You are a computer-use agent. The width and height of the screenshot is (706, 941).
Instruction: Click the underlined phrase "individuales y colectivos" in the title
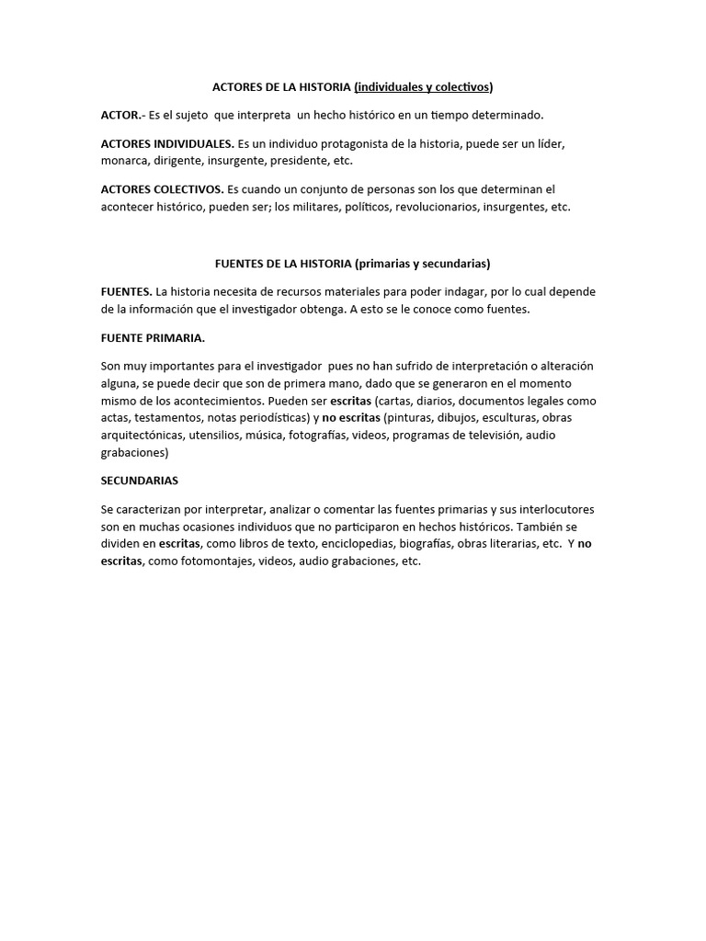(x=424, y=87)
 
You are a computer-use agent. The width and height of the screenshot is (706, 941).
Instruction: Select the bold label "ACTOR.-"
(x=122, y=115)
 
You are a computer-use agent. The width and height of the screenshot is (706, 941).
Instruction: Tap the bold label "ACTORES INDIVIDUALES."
(x=167, y=144)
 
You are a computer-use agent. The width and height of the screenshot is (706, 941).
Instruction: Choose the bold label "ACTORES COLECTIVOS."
(x=162, y=189)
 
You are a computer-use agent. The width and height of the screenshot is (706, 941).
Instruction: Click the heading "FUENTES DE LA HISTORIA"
(x=282, y=263)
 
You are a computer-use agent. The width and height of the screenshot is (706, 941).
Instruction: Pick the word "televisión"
(x=499, y=435)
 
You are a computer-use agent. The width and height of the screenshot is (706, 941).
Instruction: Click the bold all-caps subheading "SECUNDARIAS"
(x=140, y=481)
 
